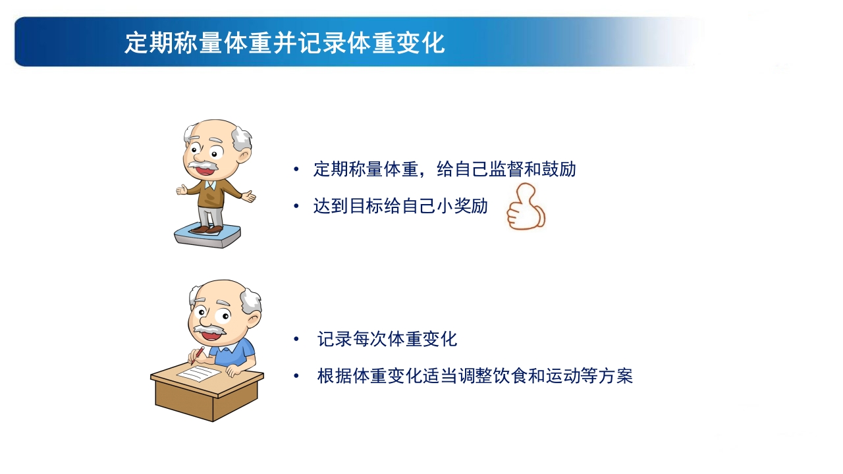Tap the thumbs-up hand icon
(525, 208)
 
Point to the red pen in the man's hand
(196, 355)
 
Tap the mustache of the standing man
(205, 164)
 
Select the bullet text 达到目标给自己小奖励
(400, 206)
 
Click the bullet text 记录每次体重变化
(387, 340)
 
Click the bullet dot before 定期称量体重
(296, 170)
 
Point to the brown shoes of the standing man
(207, 229)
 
